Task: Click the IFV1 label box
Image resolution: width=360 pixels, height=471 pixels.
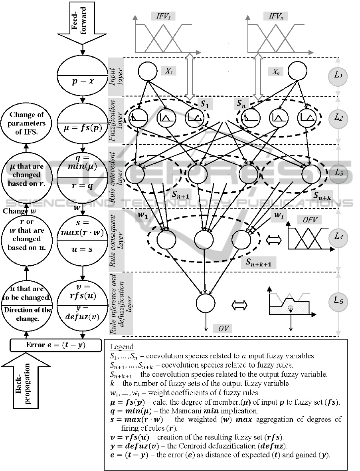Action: [x=163, y=16]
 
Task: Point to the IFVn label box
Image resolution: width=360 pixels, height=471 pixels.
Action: [x=275, y=16]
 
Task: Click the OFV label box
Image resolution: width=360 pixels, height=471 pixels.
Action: [x=309, y=220]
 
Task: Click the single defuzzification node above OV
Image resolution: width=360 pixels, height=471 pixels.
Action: [x=206, y=302]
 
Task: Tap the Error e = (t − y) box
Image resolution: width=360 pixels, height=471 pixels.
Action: [x=56, y=345]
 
